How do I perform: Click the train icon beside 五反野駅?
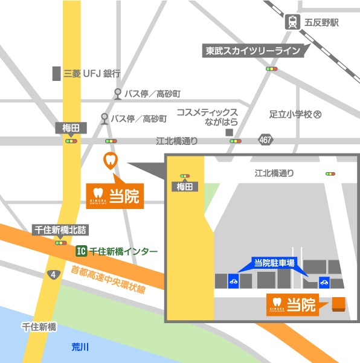[x=293, y=22]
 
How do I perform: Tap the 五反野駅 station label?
[x=321, y=23]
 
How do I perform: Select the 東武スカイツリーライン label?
[x=253, y=51]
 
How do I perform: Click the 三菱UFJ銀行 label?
[x=92, y=74]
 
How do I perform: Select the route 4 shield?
[x=54, y=274]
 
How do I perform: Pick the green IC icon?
[x=80, y=251]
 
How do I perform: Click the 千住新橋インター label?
[x=123, y=251]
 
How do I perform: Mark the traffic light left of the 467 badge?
[x=235, y=141]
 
